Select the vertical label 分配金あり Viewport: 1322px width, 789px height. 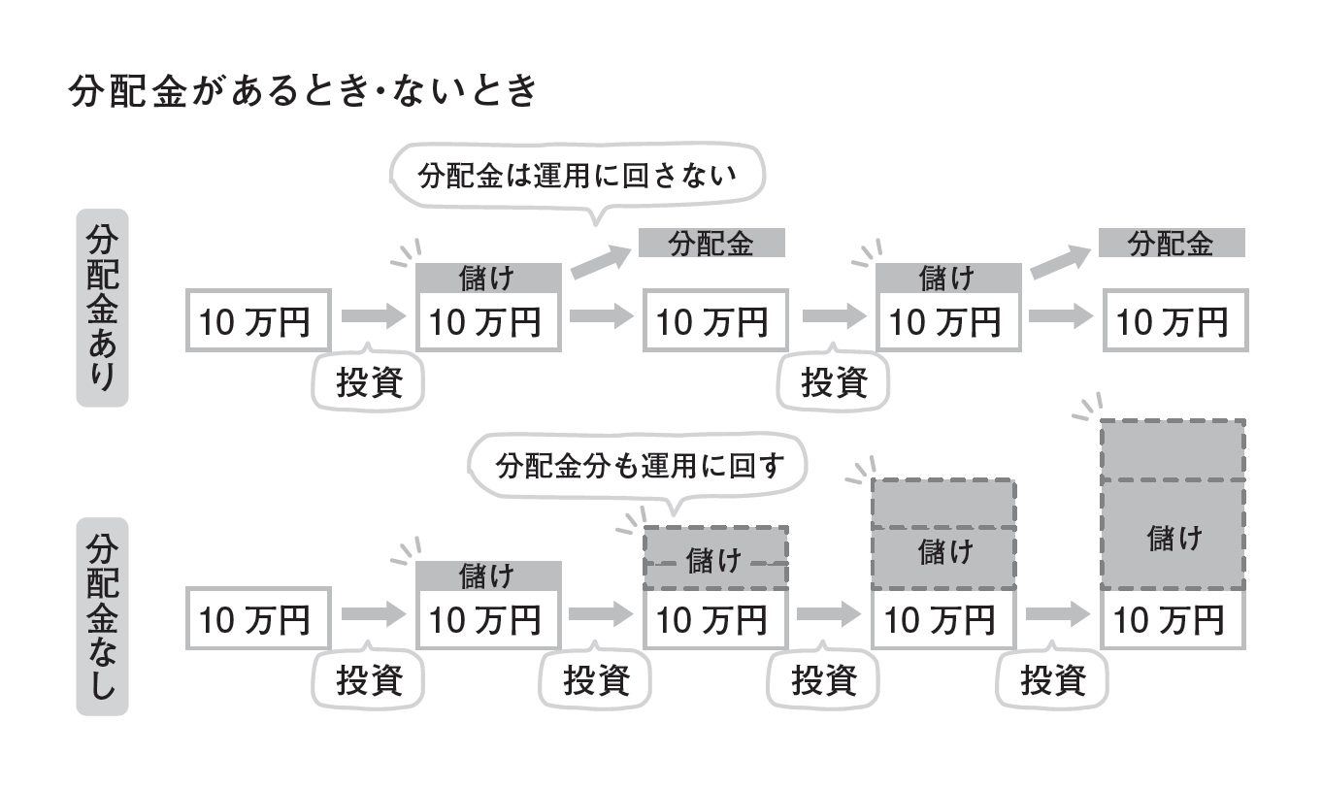[x=102, y=309]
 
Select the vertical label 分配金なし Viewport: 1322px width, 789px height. [x=102, y=616]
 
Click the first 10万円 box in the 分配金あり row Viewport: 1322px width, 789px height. [x=258, y=320]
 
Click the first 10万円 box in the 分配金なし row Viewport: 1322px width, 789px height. [x=258, y=618]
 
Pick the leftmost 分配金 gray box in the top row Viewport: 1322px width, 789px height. [x=711, y=243]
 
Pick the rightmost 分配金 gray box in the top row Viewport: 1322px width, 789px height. [x=1172, y=243]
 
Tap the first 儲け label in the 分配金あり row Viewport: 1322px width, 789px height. [x=488, y=279]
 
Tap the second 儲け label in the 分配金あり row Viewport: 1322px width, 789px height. [x=948, y=279]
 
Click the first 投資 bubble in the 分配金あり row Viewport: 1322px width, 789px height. [x=369, y=382]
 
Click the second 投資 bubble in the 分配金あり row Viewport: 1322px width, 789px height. [x=833, y=382]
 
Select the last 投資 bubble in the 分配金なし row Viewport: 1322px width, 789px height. [x=1052, y=680]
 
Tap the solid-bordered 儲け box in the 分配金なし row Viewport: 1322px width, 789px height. [x=488, y=576]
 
